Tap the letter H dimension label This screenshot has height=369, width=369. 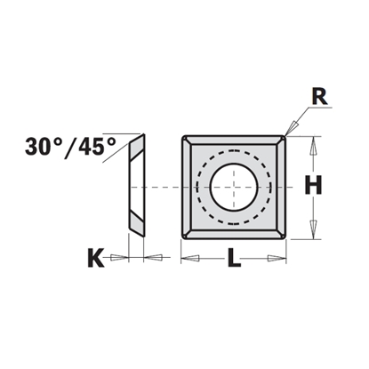pos(312,186)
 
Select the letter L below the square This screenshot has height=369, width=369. pos(234,260)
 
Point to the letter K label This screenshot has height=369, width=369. pos(95,259)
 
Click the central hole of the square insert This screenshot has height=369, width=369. pos(234,186)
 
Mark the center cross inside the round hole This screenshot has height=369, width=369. pos(234,186)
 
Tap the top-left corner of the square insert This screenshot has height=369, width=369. pos(184,137)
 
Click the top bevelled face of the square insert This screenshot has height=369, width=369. pos(234,141)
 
